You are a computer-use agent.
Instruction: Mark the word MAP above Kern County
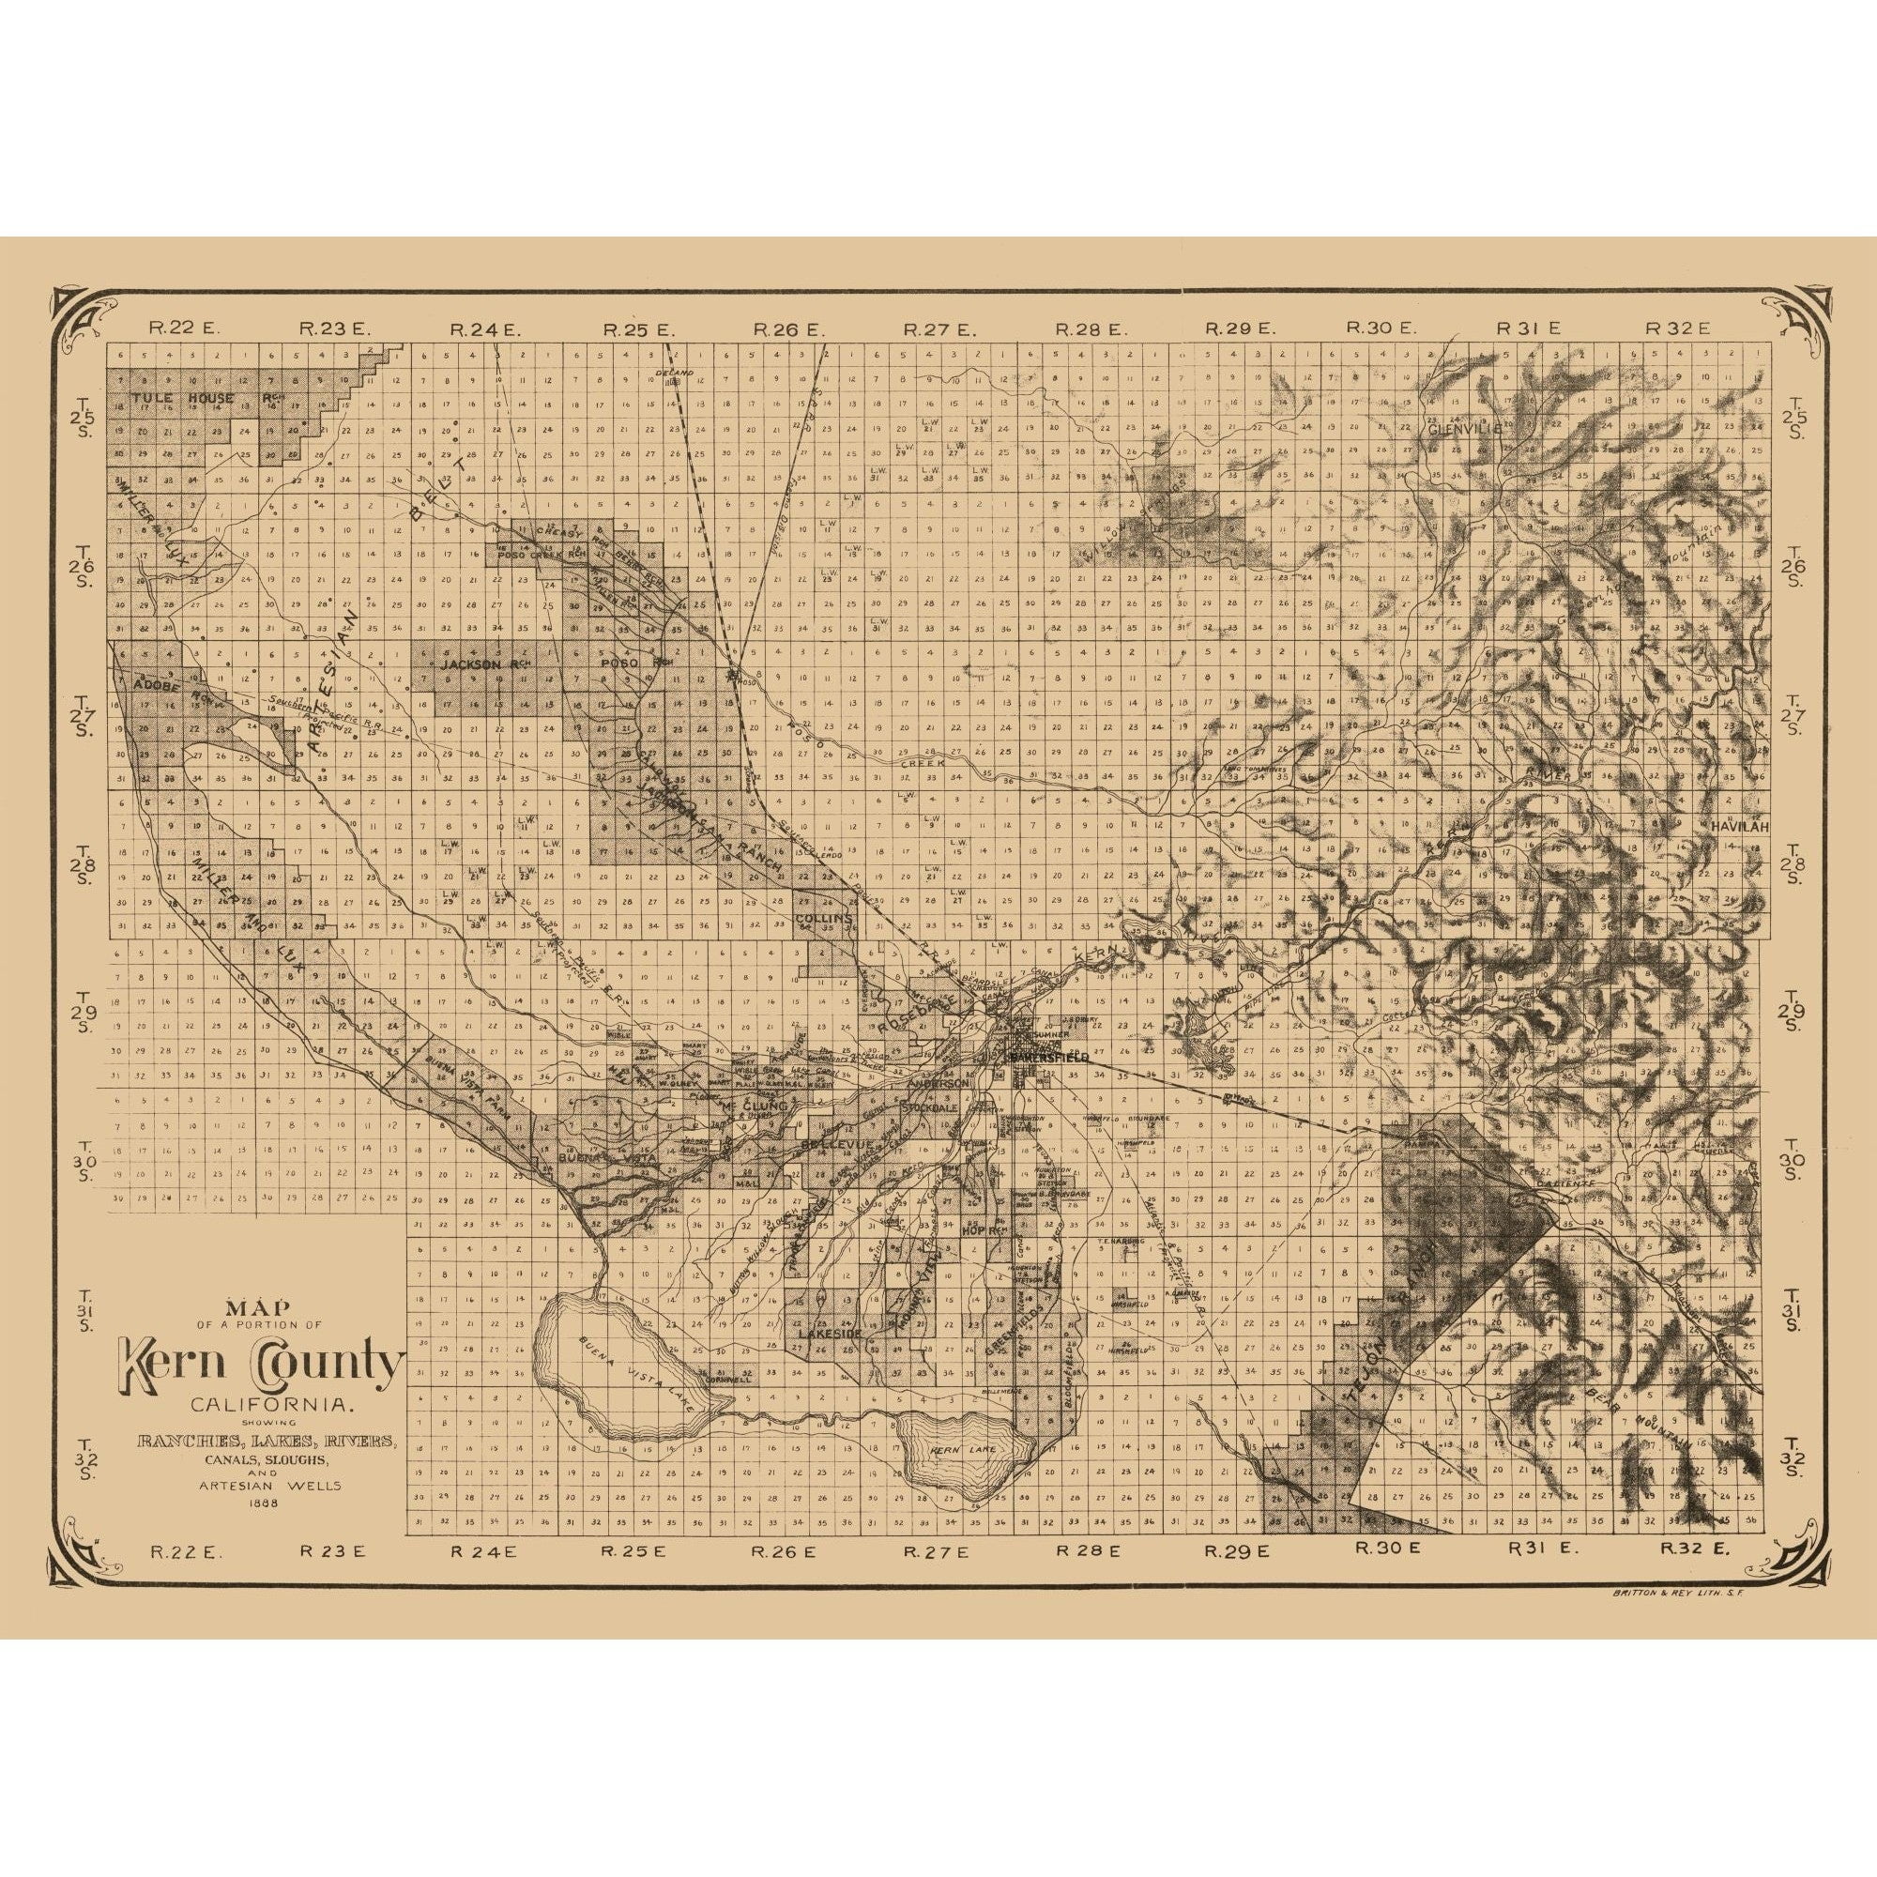click(258, 1307)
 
